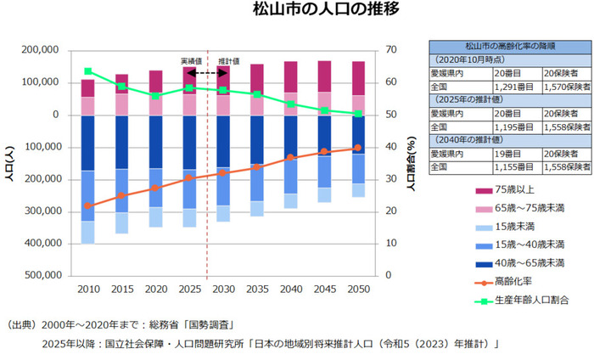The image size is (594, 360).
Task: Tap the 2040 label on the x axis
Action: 289,290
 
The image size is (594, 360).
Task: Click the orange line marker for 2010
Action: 88,205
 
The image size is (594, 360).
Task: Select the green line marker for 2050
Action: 356,113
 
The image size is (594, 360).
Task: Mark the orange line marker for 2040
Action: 289,157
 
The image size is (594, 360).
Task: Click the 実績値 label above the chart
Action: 191,61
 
